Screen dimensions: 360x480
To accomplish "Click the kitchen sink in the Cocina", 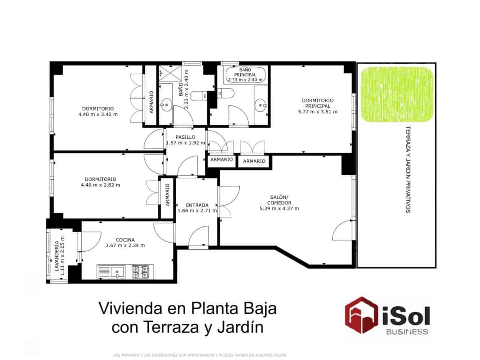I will coord(117,272).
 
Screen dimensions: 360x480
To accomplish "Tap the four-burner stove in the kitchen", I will coord(140,272).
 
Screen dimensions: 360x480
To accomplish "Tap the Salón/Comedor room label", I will coord(279,200).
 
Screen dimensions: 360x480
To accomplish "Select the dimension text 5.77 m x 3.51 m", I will coord(317,112).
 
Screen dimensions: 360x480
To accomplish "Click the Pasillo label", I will coord(185,137).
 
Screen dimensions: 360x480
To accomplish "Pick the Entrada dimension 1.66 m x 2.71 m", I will coord(197,211).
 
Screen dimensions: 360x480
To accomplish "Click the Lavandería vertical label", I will coord(57,256).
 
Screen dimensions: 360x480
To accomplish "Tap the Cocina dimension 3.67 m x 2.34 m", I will coord(125,246).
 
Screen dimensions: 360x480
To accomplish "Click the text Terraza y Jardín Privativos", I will coord(408,169).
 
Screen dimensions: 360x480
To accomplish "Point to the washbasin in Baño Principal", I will coord(260,105).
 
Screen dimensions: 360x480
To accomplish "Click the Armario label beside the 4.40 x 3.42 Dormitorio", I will coord(151,102).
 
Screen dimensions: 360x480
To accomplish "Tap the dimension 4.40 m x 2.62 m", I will coord(100,185).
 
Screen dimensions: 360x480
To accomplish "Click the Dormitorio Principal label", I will coord(317,103).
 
